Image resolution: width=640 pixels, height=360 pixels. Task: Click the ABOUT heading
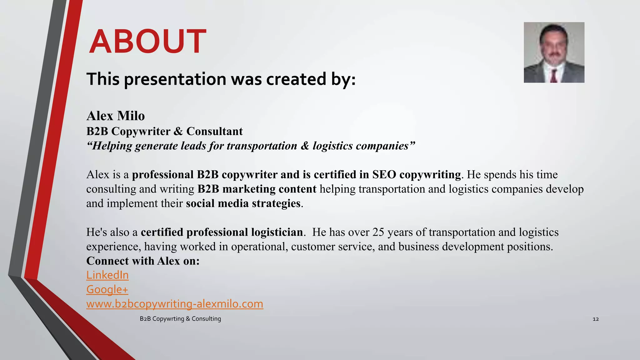tap(147, 42)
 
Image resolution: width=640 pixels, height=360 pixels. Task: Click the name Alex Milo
tap(115, 116)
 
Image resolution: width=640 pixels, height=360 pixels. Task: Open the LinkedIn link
tap(107, 275)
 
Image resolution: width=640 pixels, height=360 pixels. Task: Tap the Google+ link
tap(107, 289)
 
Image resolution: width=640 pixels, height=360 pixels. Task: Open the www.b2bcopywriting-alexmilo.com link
tap(175, 304)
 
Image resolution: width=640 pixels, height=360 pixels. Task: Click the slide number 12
tap(596, 319)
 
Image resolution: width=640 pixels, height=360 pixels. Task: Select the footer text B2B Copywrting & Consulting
tap(180, 319)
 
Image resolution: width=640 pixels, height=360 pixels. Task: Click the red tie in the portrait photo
tap(554, 76)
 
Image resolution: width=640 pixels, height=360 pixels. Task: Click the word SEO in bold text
tap(384, 175)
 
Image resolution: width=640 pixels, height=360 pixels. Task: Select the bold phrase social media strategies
tap(243, 203)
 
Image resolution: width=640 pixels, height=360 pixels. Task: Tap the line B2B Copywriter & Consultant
tap(164, 131)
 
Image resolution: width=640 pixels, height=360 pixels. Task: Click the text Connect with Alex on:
tap(143, 261)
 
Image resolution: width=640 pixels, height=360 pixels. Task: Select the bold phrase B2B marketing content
tap(257, 189)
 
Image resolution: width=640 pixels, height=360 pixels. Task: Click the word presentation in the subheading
tap(175, 79)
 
